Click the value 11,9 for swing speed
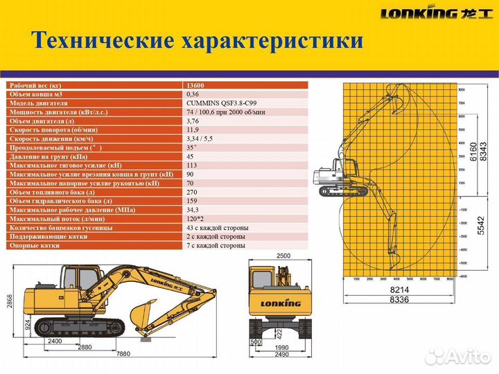193,130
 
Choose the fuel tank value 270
193,192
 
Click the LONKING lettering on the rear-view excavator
280,303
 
